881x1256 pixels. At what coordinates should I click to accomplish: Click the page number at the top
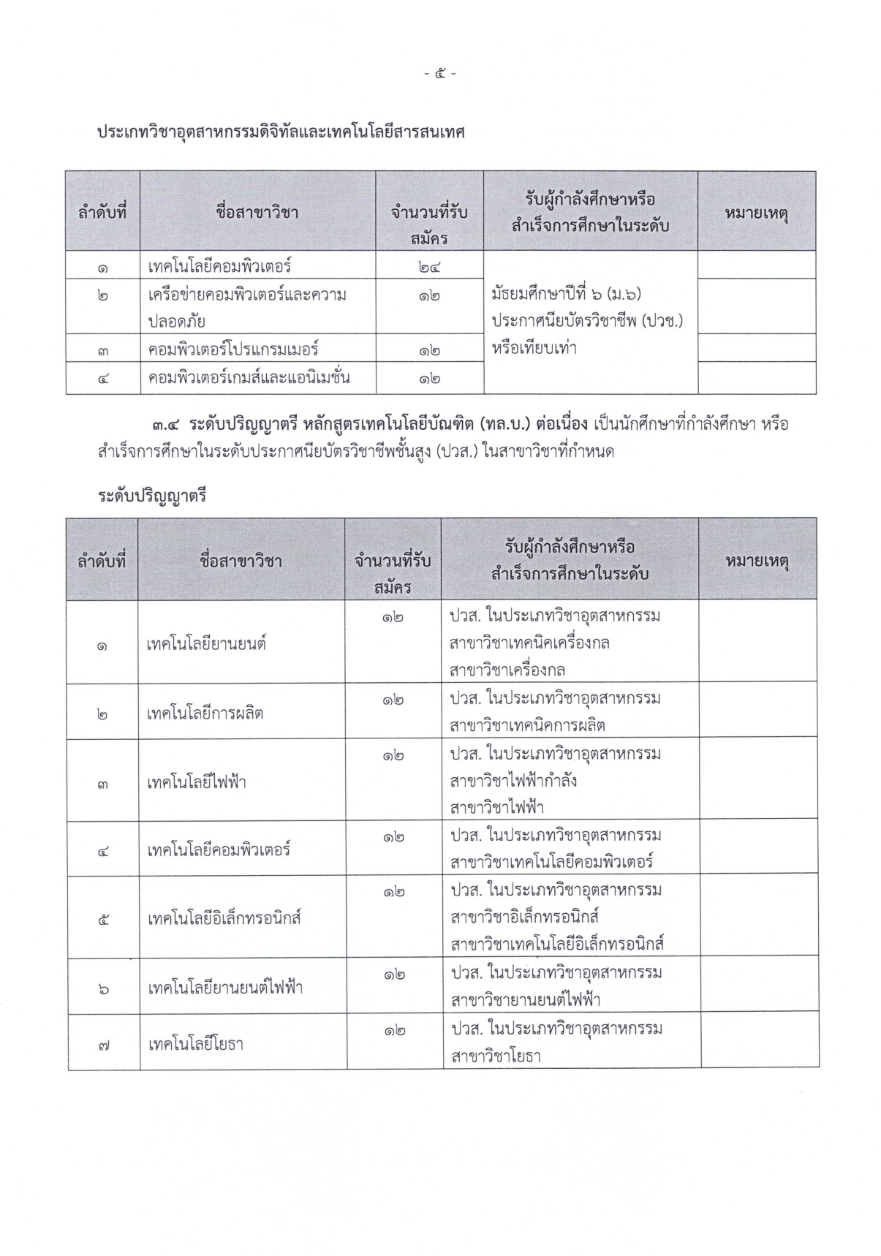tap(440, 73)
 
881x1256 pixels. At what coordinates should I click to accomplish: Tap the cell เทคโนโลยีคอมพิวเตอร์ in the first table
tap(219, 265)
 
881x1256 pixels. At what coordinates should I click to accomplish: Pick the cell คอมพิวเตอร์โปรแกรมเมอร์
tap(233, 349)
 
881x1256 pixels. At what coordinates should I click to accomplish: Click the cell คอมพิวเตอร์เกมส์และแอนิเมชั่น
tap(249, 378)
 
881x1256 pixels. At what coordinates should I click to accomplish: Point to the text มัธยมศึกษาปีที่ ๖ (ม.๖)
tap(566, 294)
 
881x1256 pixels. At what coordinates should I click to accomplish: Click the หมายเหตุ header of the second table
tap(757, 561)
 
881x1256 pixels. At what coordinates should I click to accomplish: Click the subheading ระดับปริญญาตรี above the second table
tap(152, 496)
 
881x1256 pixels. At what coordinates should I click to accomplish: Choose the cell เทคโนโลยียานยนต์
tap(206, 644)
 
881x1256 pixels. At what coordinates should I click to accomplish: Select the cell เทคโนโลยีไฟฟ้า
tap(197, 782)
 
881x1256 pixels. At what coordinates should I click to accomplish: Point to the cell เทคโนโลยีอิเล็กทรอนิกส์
tap(224, 918)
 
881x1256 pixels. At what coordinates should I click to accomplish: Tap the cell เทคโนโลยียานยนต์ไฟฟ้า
tap(225, 988)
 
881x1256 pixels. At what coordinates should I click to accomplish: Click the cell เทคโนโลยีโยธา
tap(195, 1043)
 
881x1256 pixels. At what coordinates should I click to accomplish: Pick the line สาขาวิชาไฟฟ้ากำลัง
tap(514, 781)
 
